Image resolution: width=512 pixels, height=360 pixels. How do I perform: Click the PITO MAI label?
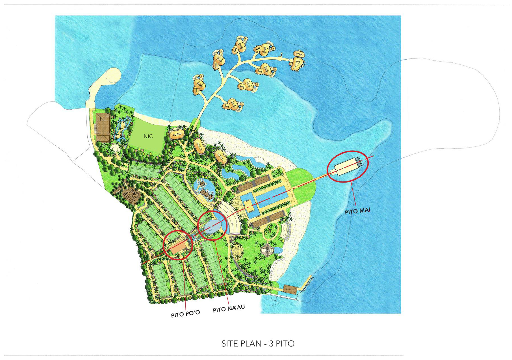coord(357,211)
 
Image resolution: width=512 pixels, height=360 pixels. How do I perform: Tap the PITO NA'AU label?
coord(229,309)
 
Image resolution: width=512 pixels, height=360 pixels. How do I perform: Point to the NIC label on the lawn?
coord(148,136)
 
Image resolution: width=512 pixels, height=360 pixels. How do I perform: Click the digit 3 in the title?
coord(271,344)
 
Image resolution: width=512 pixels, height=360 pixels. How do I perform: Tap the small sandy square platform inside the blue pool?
coord(248,204)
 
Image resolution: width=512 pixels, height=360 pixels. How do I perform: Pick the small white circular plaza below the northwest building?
coord(115,148)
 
